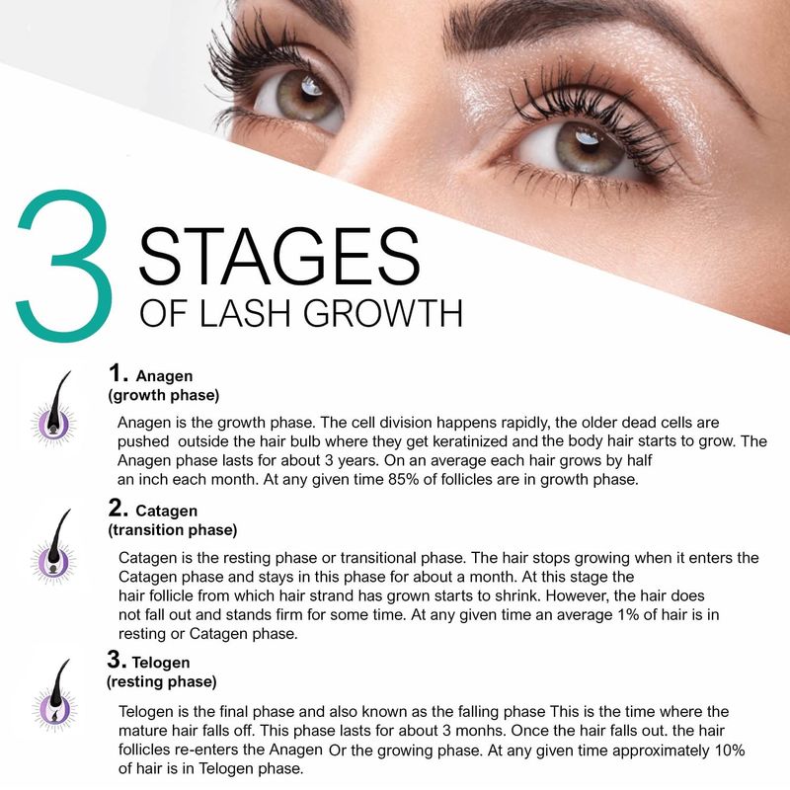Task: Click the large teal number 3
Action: pyautogui.click(x=65, y=266)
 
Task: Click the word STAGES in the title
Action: pyautogui.click(x=279, y=256)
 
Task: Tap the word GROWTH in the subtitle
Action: pyautogui.click(x=383, y=313)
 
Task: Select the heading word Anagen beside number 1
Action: pyautogui.click(x=164, y=376)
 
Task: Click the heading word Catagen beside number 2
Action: pyautogui.click(x=166, y=511)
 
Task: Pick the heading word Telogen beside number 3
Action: pyautogui.click(x=161, y=662)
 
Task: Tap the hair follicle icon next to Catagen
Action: pyautogui.click(x=54, y=547)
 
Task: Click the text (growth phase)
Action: pyautogui.click(x=164, y=395)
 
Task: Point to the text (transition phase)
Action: pyautogui.click(x=172, y=530)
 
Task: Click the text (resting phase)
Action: pyautogui.click(x=162, y=681)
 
